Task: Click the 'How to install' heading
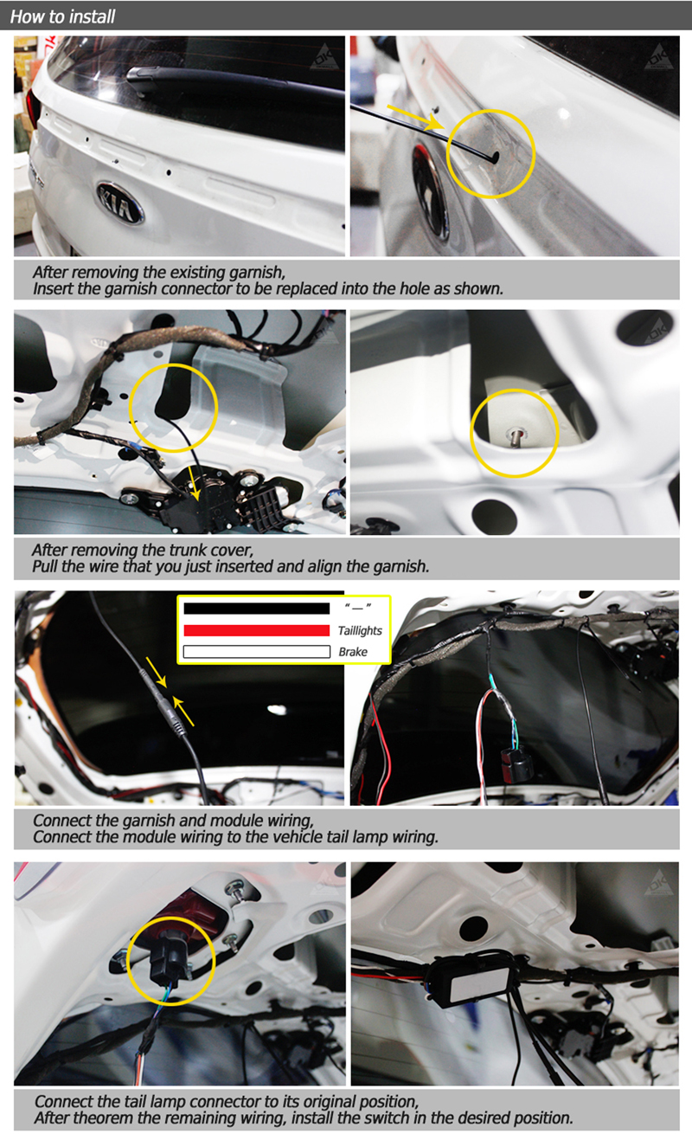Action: click(63, 16)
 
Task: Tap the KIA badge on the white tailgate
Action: click(120, 203)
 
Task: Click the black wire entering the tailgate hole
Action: click(424, 132)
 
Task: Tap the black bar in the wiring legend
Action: click(256, 608)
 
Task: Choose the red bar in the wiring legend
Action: click(256, 630)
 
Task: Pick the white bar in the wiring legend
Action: click(256, 652)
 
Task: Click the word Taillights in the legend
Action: click(360, 631)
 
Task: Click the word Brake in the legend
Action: click(353, 652)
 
